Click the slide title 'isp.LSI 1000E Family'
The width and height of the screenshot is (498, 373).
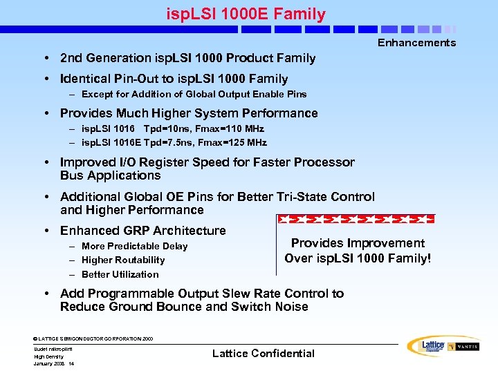pyautogui.click(x=246, y=13)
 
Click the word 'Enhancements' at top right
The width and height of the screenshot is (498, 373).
pyautogui.click(x=416, y=43)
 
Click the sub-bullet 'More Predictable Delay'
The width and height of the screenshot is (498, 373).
pyautogui.click(x=134, y=246)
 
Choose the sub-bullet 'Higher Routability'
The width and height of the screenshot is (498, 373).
pyautogui.click(x=123, y=260)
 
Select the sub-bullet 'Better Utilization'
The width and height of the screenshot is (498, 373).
pyautogui.click(x=120, y=274)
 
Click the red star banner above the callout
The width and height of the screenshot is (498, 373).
pyautogui.click(x=356, y=220)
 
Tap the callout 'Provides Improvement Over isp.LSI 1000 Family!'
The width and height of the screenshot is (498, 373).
pyautogui.click(x=358, y=251)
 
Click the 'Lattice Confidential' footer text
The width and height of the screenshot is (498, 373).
pyautogui.click(x=263, y=353)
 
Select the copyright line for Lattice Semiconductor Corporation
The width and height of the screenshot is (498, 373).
pyautogui.click(x=93, y=338)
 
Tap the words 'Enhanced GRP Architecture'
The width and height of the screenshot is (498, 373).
pyautogui.click(x=142, y=231)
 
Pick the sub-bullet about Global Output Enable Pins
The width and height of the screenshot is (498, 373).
pyautogui.click(x=194, y=94)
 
